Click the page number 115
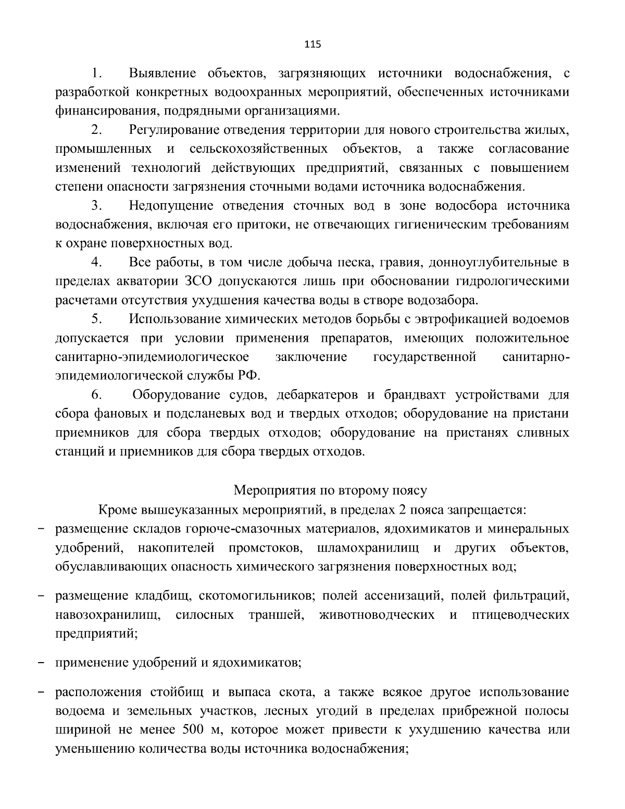(x=312, y=44)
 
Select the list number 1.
(x=95, y=73)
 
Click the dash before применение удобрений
(x=43, y=663)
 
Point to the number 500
(x=194, y=729)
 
